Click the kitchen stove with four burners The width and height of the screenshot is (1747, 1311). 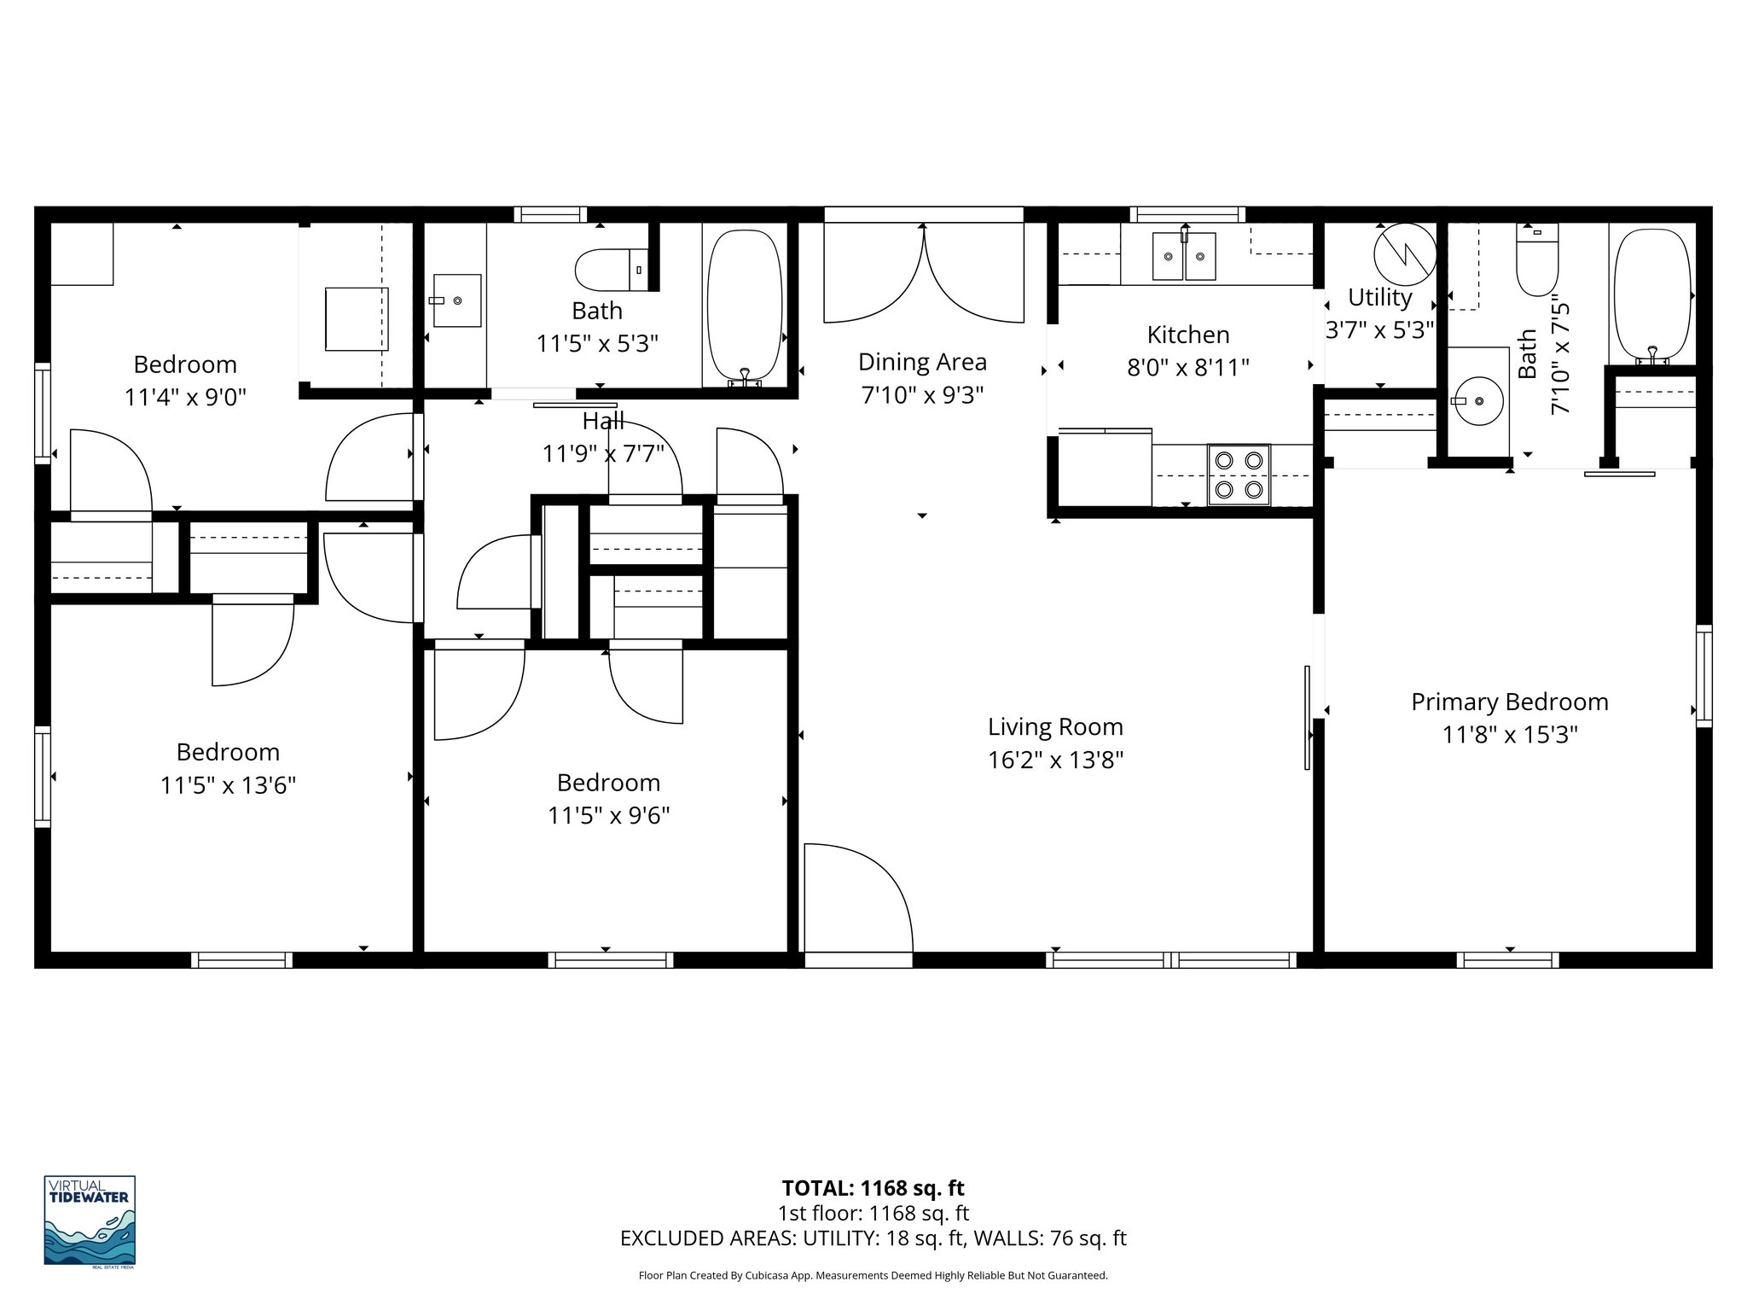(x=1239, y=475)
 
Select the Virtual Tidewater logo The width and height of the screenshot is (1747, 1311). (x=90, y=1220)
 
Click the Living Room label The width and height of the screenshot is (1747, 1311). (x=1055, y=727)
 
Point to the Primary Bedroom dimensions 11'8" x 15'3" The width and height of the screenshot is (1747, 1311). (x=1509, y=735)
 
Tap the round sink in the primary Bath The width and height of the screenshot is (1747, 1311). (x=1478, y=400)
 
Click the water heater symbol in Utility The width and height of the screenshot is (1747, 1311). (x=1404, y=254)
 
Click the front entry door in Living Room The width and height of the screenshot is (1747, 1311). (x=856, y=901)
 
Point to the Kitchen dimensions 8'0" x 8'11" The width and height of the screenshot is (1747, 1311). (x=1187, y=368)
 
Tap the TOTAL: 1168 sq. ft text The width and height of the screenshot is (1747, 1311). (x=873, y=1188)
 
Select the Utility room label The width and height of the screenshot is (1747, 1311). (x=1379, y=297)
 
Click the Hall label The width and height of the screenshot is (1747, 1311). (x=603, y=421)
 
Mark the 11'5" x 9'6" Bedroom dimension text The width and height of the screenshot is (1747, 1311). (x=608, y=816)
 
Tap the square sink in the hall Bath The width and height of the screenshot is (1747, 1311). (x=457, y=300)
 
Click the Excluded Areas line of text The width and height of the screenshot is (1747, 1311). (x=873, y=1238)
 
